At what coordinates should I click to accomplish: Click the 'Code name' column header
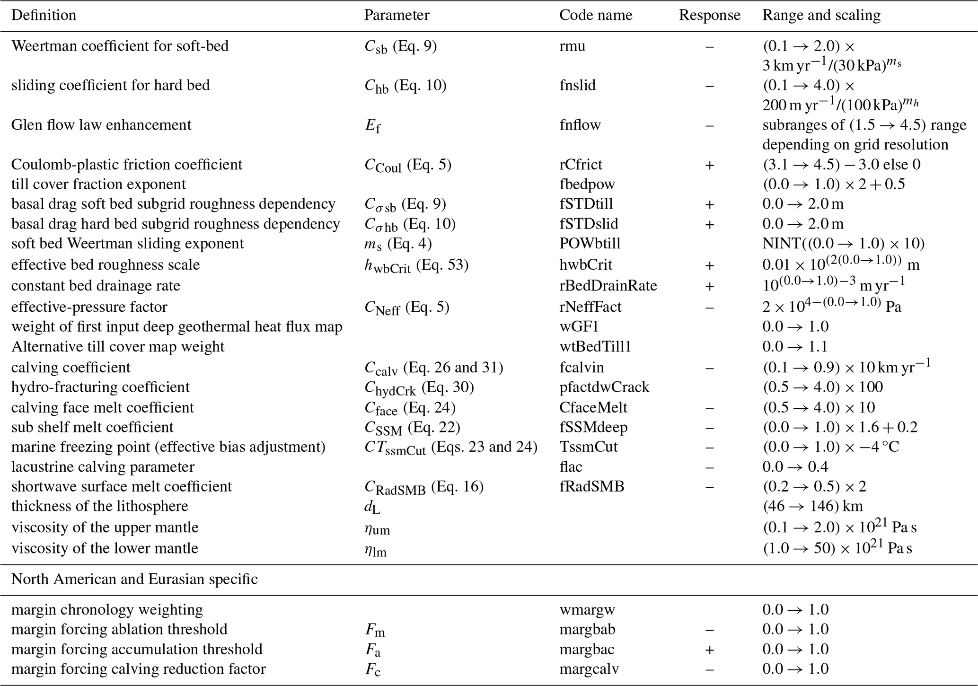(595, 15)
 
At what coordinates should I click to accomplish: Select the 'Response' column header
(709, 15)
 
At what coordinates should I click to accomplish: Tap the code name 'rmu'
(572, 46)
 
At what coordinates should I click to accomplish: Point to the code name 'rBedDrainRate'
(608, 286)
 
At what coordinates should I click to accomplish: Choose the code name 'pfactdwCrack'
(604, 387)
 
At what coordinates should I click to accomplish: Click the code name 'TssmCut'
(589, 447)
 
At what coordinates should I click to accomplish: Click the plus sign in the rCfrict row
(709, 165)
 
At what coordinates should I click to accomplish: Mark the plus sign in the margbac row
(709, 650)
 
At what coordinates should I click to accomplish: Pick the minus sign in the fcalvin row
(709, 368)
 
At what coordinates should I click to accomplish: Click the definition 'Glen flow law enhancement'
(101, 125)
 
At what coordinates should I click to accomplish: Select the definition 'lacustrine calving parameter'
(103, 467)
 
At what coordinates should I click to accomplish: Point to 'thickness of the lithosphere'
(99, 506)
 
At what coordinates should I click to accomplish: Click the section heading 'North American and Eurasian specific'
(134, 579)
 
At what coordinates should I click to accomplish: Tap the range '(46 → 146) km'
(812, 506)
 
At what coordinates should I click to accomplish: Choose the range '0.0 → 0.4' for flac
(795, 467)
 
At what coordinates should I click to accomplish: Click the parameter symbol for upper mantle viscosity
(377, 528)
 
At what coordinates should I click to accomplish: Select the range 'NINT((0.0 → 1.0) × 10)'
(843, 244)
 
